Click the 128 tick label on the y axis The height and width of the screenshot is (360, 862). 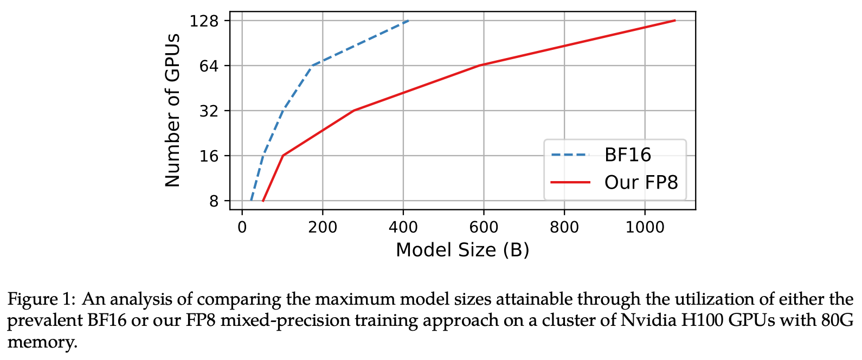pyautogui.click(x=204, y=21)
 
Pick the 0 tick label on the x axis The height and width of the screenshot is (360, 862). pyautogui.click(x=242, y=227)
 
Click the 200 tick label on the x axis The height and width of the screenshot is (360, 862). pyautogui.click(x=323, y=227)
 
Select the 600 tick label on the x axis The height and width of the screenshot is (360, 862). pyautogui.click(x=484, y=227)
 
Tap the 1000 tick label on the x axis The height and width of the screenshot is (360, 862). pyautogui.click(x=645, y=227)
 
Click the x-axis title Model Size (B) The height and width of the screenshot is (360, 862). pyautogui.click(x=462, y=250)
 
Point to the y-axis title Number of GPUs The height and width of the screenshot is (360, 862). pyautogui.click(x=172, y=111)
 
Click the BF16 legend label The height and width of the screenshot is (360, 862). pyautogui.click(x=628, y=155)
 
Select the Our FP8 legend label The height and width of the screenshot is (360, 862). pyautogui.click(x=641, y=182)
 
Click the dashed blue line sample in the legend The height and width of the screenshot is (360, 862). pyautogui.click(x=570, y=155)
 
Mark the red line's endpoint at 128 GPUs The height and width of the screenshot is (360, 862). pyautogui.click(x=675, y=21)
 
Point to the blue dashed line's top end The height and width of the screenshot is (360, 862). pyautogui.click(x=408, y=21)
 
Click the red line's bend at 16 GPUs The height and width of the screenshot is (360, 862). pyautogui.click(x=282, y=156)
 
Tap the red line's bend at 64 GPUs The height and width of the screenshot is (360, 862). pyautogui.click(x=481, y=65)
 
